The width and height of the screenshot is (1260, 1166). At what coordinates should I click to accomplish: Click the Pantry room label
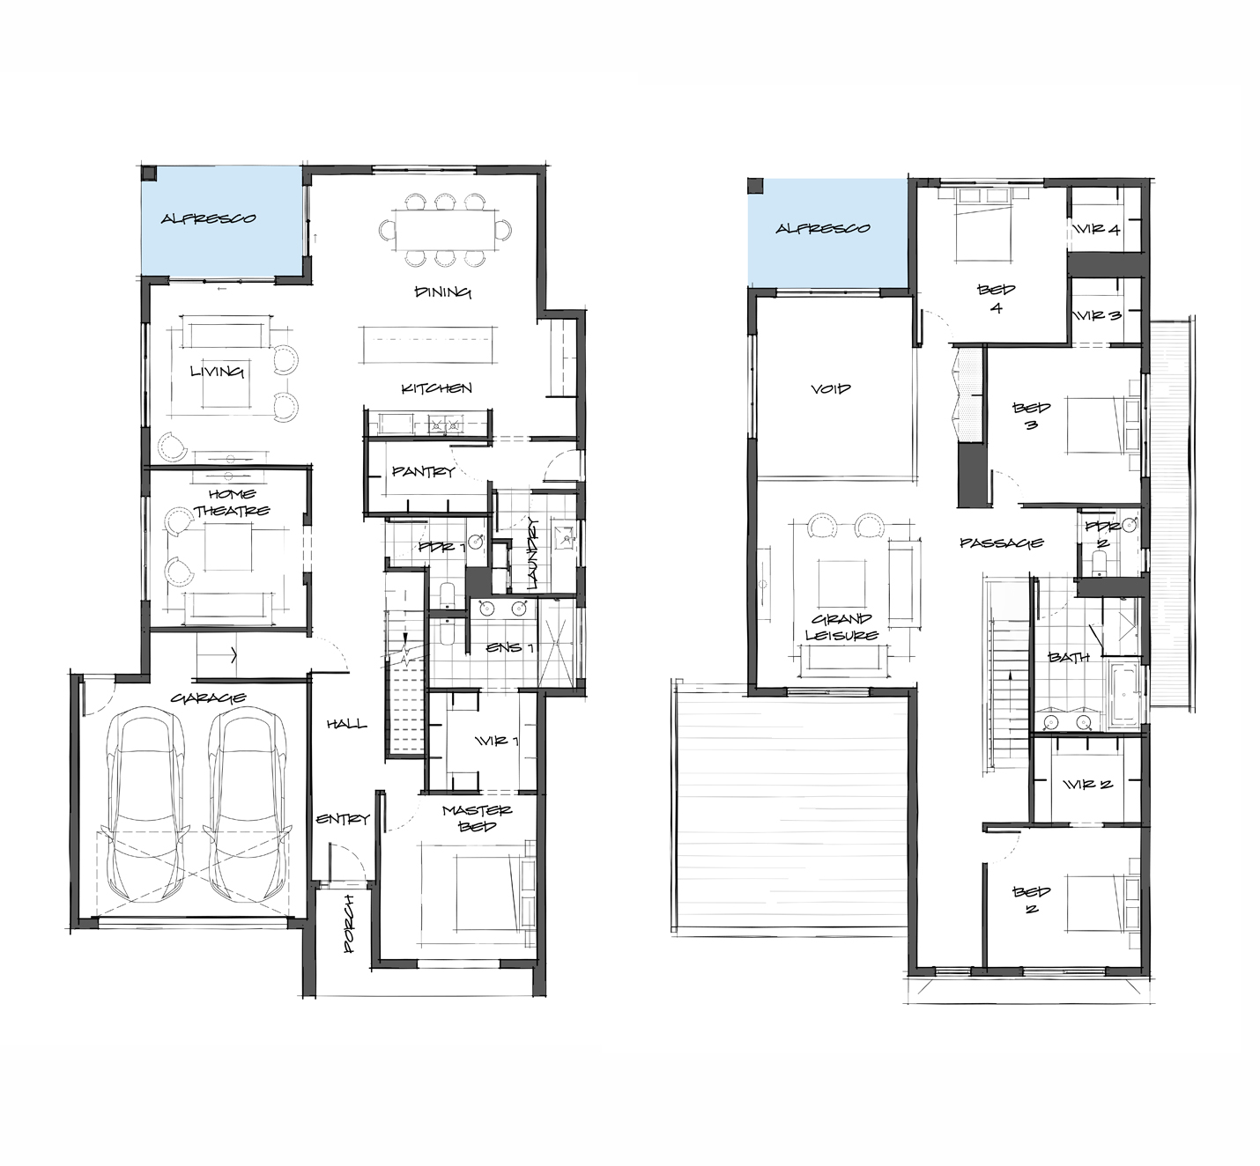(423, 471)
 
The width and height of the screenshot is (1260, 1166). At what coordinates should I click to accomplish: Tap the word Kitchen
(436, 388)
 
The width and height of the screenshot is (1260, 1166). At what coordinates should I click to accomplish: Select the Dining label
(443, 291)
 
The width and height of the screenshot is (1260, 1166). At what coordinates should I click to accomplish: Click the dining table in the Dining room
(445, 230)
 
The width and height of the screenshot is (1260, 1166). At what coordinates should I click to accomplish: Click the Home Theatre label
(232, 503)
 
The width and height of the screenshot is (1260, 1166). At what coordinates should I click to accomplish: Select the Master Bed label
(477, 818)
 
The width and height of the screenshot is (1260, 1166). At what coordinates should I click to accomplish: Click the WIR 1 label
(498, 741)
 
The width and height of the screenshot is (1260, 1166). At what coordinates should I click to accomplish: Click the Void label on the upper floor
(831, 389)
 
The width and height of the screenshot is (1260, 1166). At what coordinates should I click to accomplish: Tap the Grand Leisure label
(841, 627)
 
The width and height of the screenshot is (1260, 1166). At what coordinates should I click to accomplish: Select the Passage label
(1002, 543)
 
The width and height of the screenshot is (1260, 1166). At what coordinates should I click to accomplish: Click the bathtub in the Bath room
(1123, 693)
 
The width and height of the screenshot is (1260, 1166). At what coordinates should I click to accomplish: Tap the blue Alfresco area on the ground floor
(221, 221)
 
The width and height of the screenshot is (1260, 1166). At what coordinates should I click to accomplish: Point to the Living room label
(217, 372)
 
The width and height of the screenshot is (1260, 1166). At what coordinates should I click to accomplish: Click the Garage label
(209, 698)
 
